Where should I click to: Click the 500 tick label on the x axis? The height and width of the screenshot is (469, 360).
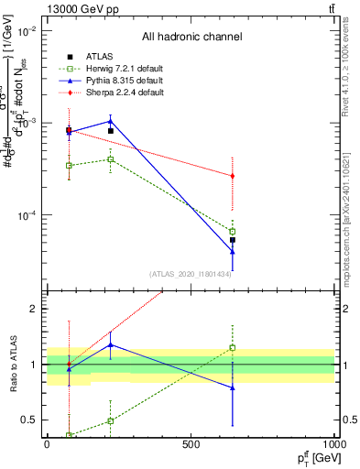tap(191, 444)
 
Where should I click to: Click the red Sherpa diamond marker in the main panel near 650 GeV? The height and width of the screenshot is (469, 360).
tap(233, 176)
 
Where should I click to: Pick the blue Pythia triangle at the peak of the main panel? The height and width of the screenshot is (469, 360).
tap(110, 121)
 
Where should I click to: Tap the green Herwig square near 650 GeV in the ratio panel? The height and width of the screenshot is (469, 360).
tap(233, 347)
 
